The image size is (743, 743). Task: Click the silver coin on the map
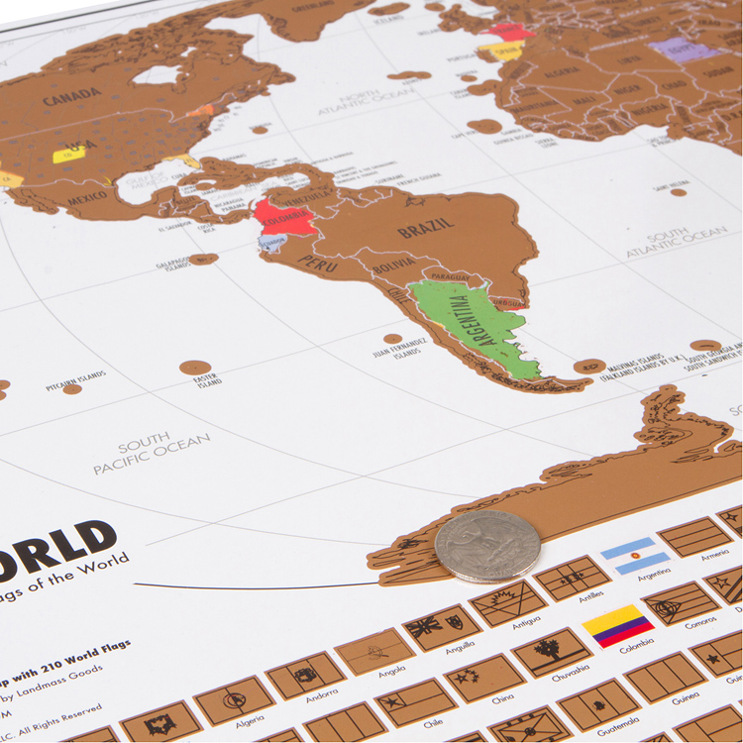coord(487,546)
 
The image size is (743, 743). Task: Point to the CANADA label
coord(71,95)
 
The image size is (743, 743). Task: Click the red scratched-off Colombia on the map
coord(281,219)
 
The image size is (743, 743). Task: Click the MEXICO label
coord(87,198)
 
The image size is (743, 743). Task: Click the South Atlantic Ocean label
coord(676,242)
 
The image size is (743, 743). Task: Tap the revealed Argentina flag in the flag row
coord(635,556)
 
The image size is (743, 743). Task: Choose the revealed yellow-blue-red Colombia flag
coord(617,626)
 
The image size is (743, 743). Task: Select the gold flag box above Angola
coord(374,651)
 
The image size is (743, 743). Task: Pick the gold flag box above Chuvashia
coord(552,651)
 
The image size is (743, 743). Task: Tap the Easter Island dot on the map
coord(195,368)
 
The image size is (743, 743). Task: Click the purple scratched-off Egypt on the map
coord(685,51)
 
